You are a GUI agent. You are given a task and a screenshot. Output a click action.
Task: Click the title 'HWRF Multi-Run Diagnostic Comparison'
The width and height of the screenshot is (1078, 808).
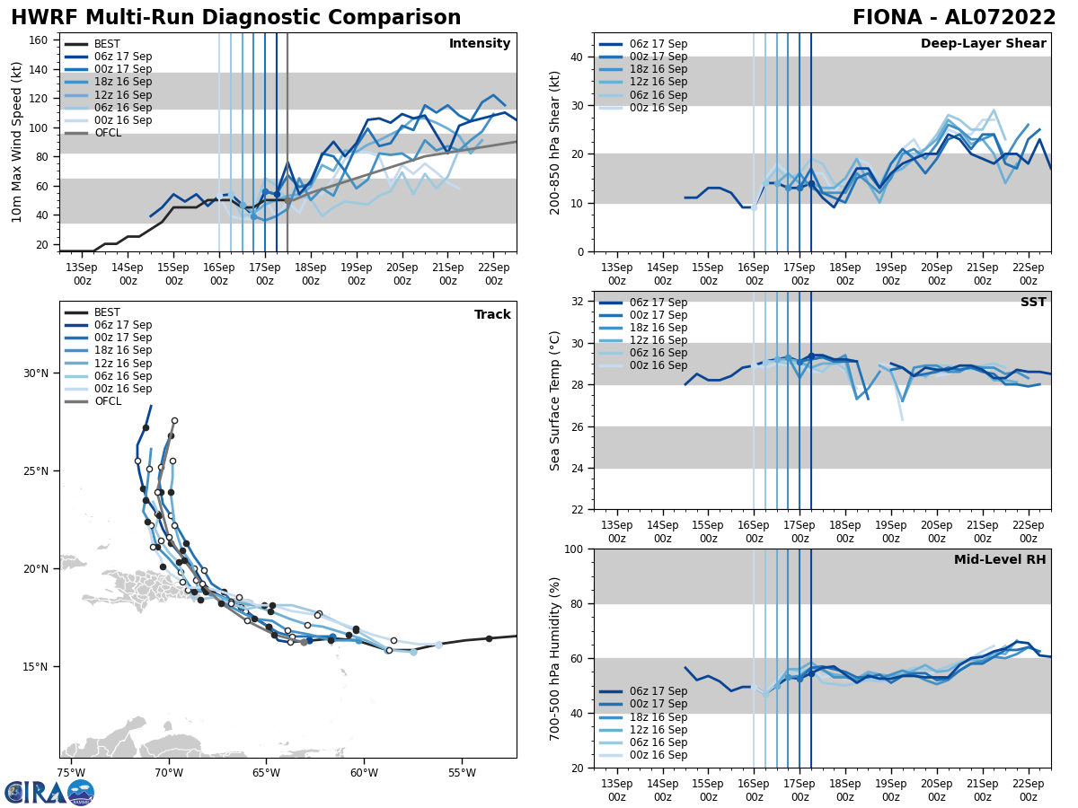(x=235, y=18)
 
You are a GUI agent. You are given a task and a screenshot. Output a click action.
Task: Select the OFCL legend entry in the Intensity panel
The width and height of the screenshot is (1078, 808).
(x=108, y=133)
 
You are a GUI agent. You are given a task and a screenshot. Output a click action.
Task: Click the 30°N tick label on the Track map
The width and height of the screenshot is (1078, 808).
(x=35, y=373)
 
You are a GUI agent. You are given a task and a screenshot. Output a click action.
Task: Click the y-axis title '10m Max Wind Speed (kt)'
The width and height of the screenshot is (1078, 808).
(x=17, y=143)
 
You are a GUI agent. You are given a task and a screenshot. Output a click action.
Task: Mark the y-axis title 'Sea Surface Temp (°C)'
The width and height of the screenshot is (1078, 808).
(x=555, y=400)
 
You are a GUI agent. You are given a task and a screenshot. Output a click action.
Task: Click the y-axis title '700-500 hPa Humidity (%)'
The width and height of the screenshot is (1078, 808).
(x=555, y=658)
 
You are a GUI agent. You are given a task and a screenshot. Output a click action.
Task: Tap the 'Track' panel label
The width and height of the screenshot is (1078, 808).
(x=492, y=314)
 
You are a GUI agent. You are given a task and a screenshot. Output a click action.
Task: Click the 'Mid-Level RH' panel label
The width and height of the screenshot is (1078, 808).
(x=1000, y=560)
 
